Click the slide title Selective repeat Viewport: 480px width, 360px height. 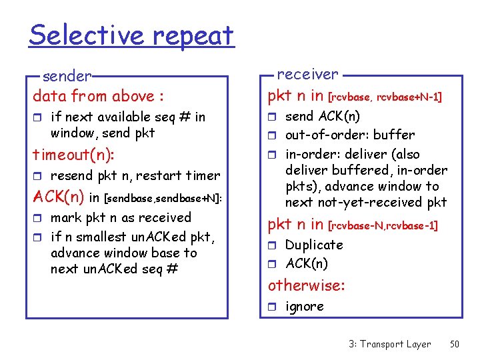pyautogui.click(x=131, y=35)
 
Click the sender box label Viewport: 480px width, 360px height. pyautogui.click(x=67, y=76)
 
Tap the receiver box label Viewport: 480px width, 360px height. pyautogui.click(x=307, y=74)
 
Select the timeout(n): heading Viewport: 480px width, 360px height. pyautogui.click(x=73, y=155)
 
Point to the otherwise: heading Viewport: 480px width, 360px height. pyautogui.click(x=306, y=286)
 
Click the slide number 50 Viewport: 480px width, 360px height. pyautogui.click(x=455, y=344)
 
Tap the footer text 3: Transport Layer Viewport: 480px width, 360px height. pyautogui.click(x=389, y=344)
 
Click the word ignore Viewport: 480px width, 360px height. pyautogui.click(x=305, y=307)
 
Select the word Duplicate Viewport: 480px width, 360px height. pyautogui.click(x=314, y=245)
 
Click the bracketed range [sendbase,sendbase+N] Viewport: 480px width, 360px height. pyautogui.click(x=164, y=199)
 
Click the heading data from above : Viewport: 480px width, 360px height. pyautogui.click(x=98, y=96)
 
